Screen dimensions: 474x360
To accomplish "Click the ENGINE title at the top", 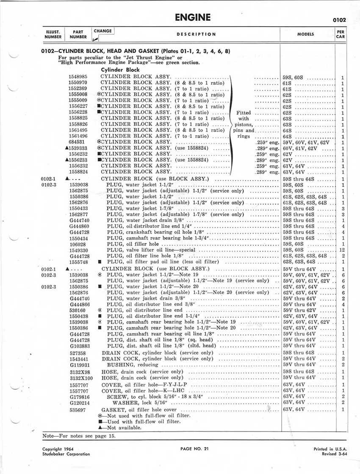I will (x=192, y=17).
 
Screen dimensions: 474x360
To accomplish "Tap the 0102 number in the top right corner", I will (x=339, y=19).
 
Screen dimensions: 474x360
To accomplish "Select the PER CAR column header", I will (x=340, y=34).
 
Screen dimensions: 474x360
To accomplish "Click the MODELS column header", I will (x=306, y=34).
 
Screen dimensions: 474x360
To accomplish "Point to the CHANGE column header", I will (x=103, y=31).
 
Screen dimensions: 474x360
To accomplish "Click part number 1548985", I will (x=78, y=77).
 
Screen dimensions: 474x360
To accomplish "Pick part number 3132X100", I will (x=80, y=378).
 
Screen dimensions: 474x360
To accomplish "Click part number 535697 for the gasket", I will (x=78, y=410).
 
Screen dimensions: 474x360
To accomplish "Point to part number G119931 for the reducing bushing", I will (x=80, y=364).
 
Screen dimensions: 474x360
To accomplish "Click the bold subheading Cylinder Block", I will (x=120, y=69).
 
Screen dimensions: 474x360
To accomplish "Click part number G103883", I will (x=79, y=345).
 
